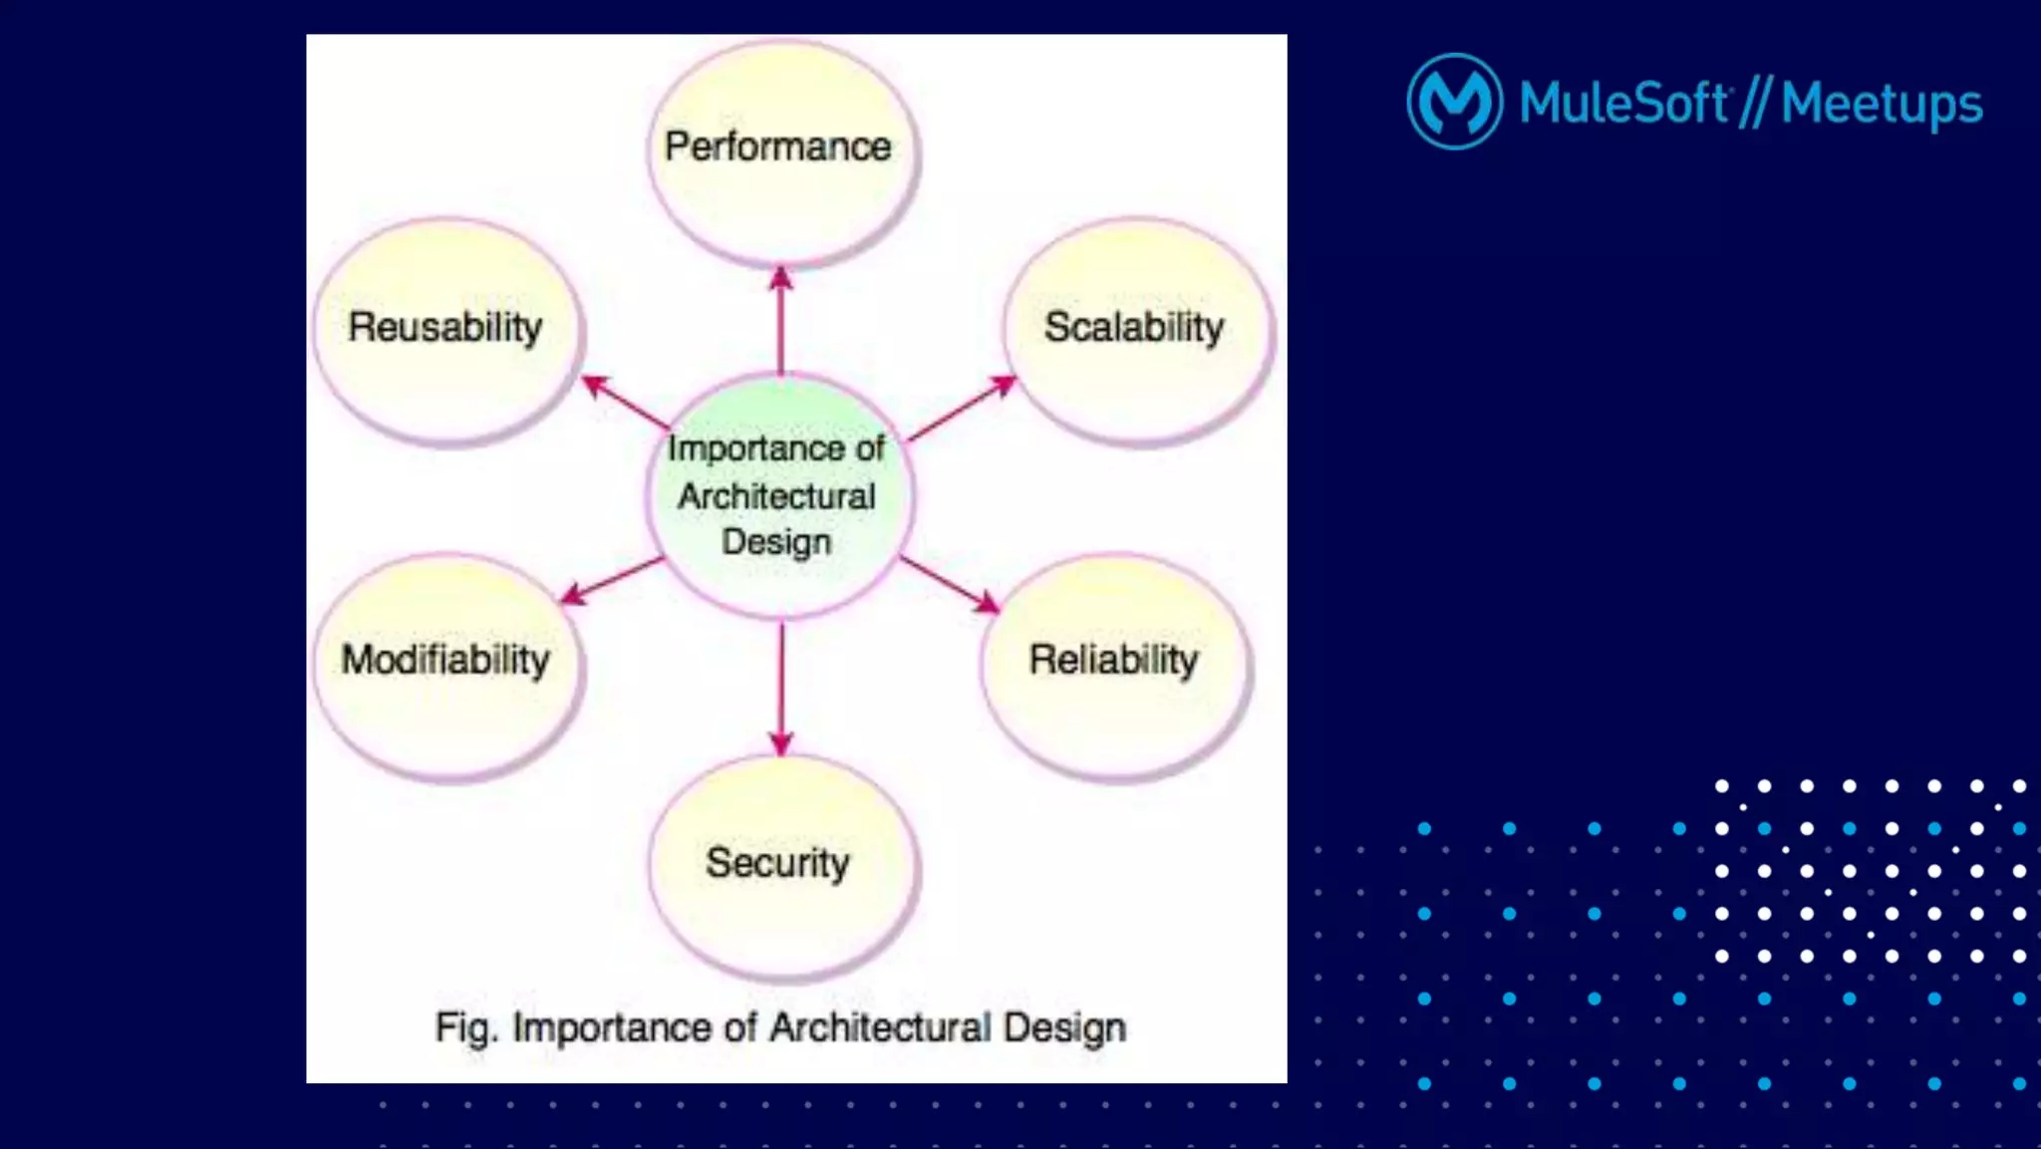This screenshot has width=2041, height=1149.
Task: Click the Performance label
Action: click(x=778, y=146)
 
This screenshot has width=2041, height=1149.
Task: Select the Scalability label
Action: click(x=1134, y=327)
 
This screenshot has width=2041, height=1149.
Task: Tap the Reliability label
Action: click(x=1113, y=659)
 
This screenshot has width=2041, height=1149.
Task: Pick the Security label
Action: click(x=778, y=862)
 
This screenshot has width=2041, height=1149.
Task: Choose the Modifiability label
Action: click(x=445, y=659)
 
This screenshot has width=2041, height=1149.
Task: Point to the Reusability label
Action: click(x=445, y=327)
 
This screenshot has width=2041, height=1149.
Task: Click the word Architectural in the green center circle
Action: click(x=777, y=495)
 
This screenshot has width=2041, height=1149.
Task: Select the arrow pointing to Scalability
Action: click(x=962, y=409)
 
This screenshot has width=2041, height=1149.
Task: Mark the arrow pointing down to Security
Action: click(x=781, y=688)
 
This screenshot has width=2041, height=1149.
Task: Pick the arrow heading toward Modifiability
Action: click(x=611, y=581)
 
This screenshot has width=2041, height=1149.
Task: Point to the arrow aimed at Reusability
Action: click(x=626, y=403)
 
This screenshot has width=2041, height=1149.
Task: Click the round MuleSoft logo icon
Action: click(x=1454, y=102)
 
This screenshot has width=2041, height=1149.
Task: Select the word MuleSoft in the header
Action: click(x=1623, y=102)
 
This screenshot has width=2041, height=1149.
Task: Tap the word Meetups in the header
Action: click(x=1882, y=104)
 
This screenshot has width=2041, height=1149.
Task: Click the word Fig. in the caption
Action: click(x=465, y=1026)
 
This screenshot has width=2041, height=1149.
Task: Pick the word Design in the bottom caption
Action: click(x=1064, y=1026)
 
